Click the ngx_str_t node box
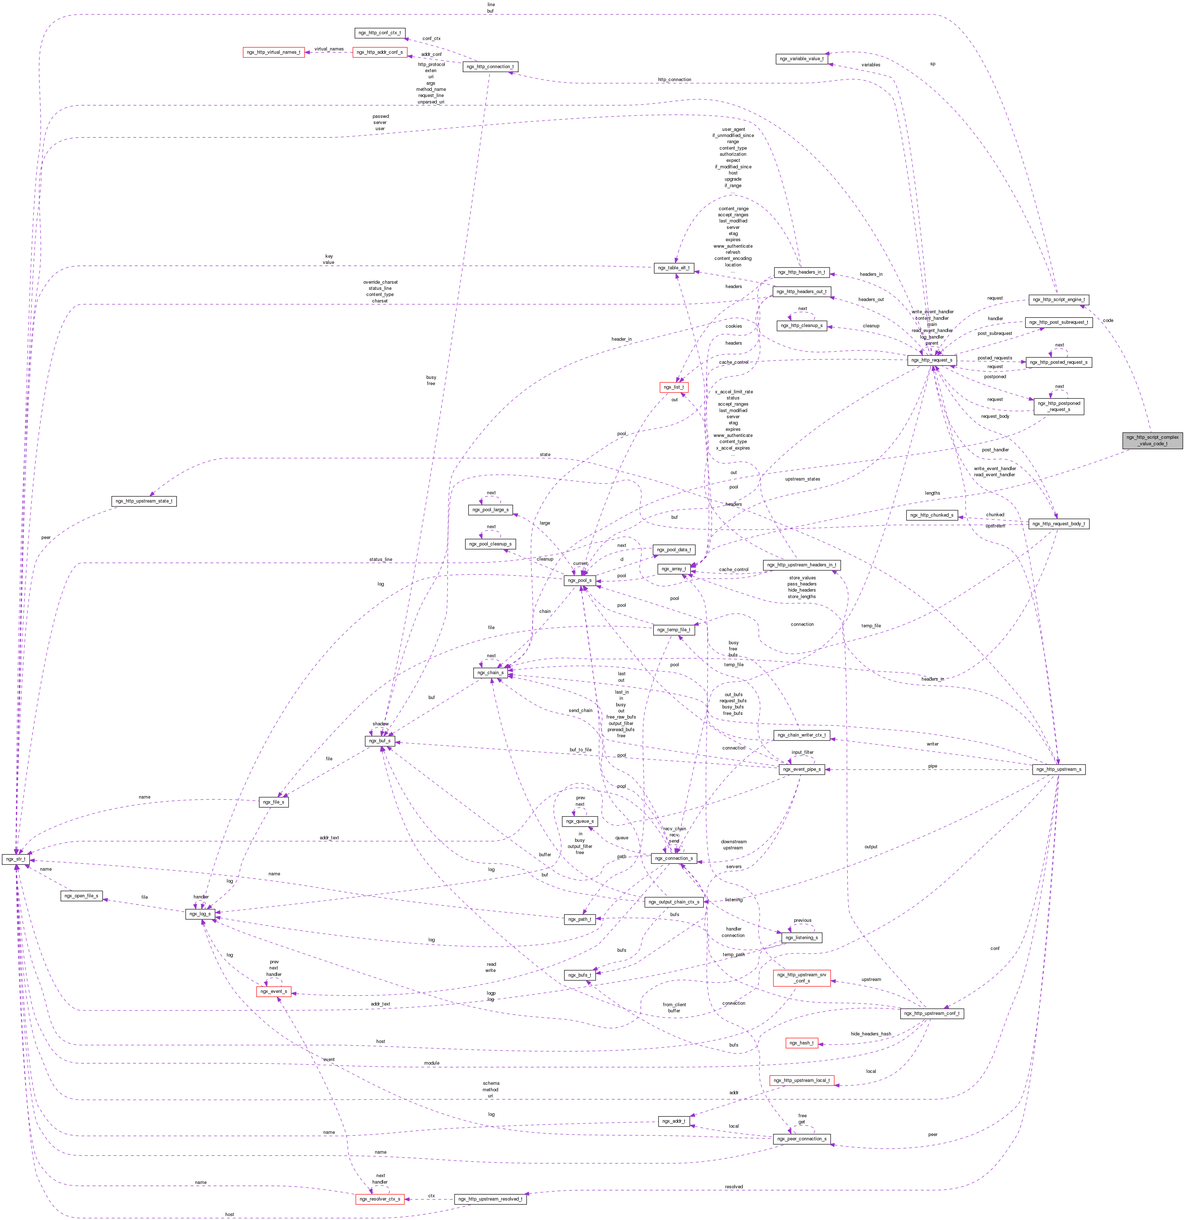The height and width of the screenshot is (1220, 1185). (x=15, y=859)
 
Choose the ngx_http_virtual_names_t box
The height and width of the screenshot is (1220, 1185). (x=273, y=52)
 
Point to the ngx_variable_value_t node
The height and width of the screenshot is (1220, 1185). (x=801, y=58)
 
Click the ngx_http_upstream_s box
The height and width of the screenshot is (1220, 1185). (x=1058, y=769)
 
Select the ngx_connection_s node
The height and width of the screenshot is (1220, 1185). (x=673, y=858)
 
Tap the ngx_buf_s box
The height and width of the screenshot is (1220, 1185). (x=380, y=741)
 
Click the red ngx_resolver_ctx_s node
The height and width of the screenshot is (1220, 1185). (x=380, y=1199)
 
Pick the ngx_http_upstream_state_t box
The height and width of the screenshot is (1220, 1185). (x=144, y=501)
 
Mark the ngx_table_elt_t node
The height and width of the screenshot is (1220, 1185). (x=673, y=268)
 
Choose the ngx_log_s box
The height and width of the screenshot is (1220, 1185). (x=200, y=914)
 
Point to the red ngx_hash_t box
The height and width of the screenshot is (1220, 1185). (x=801, y=1043)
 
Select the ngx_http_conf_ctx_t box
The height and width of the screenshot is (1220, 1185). (x=380, y=32)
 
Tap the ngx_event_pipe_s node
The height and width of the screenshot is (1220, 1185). (x=802, y=769)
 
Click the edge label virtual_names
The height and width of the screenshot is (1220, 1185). (x=329, y=49)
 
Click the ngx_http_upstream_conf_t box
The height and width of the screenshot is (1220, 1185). (x=931, y=1013)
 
